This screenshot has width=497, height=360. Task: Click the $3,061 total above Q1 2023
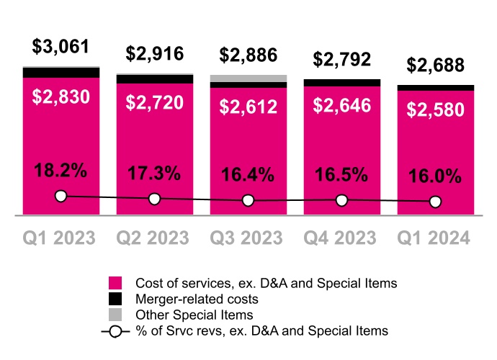tap(61, 48)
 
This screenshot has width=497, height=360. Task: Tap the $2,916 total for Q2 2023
tap(155, 53)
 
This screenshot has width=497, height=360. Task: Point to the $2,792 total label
tap(342, 60)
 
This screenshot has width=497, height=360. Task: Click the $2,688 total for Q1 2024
tap(436, 66)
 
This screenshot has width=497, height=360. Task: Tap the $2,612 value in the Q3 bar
tap(248, 107)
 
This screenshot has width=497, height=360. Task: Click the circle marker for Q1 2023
tap(61, 196)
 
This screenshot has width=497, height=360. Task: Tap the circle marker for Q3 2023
tap(248, 200)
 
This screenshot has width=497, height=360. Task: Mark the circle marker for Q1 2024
tap(436, 202)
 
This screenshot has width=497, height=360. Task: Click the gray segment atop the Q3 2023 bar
tap(248, 78)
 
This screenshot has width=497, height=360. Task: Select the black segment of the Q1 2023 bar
tap(61, 73)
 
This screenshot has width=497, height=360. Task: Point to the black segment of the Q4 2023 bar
tap(342, 83)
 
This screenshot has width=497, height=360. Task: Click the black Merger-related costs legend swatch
tap(115, 298)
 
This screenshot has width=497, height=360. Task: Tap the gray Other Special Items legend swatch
tap(115, 315)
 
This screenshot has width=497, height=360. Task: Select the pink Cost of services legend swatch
tap(115, 282)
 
